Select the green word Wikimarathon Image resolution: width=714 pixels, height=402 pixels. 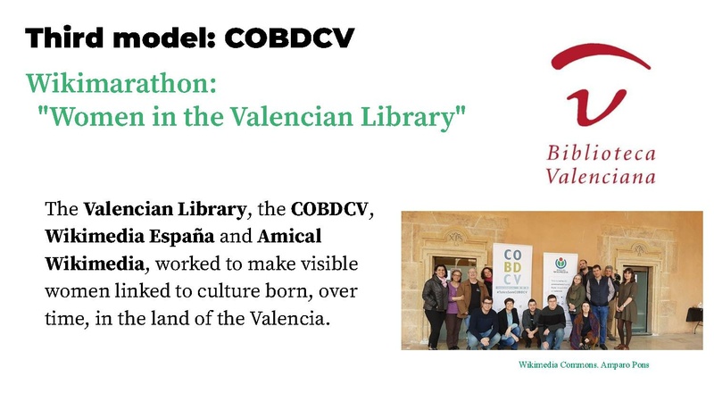point(121,85)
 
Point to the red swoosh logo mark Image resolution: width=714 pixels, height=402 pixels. point(600,85)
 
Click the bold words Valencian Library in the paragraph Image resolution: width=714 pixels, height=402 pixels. point(164,212)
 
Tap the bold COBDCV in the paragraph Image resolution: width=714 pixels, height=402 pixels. point(328,212)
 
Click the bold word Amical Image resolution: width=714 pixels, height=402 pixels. point(289,239)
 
